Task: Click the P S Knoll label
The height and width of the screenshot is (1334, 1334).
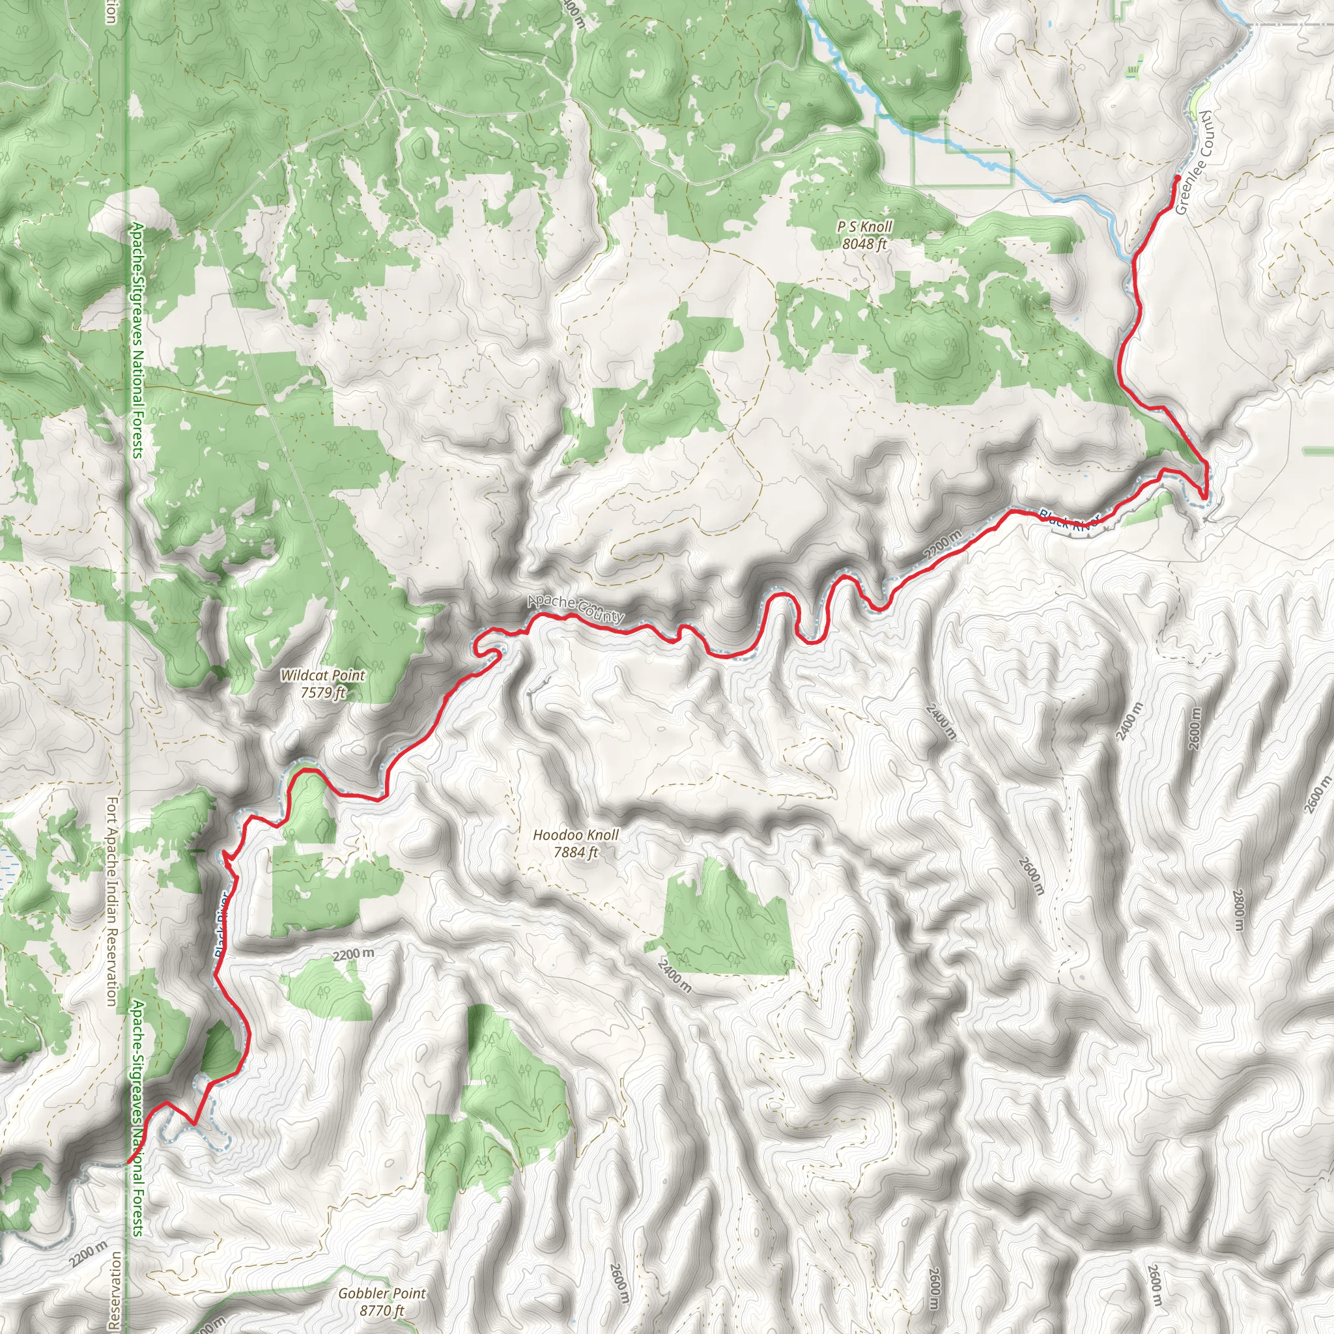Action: [864, 227]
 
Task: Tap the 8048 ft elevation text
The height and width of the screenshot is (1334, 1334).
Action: [864, 244]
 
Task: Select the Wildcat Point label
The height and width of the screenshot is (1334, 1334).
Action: [322, 675]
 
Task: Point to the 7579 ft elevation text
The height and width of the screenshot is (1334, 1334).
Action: [322, 692]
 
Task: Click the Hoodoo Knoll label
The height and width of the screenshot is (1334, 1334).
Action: [576, 835]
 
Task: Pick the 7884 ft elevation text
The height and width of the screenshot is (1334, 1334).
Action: [575, 852]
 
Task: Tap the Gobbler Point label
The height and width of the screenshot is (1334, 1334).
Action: [382, 1293]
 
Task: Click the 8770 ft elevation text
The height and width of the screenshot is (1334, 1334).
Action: [382, 1310]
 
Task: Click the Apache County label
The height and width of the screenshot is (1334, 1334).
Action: [576, 608]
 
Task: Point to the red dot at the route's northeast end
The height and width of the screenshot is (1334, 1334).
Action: [1177, 178]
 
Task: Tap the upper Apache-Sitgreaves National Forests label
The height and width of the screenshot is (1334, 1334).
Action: [138, 340]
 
